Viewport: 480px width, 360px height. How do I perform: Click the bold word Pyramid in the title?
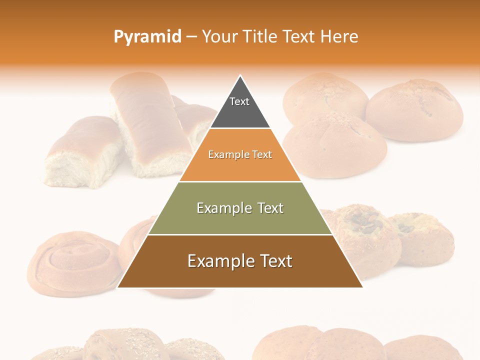pyautogui.click(x=147, y=37)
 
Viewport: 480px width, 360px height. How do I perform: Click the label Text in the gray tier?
pyautogui.click(x=239, y=101)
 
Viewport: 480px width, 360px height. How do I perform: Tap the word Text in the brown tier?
pyautogui.click(x=273, y=261)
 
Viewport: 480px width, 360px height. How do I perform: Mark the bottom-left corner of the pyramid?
pyautogui.click(x=118, y=287)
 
